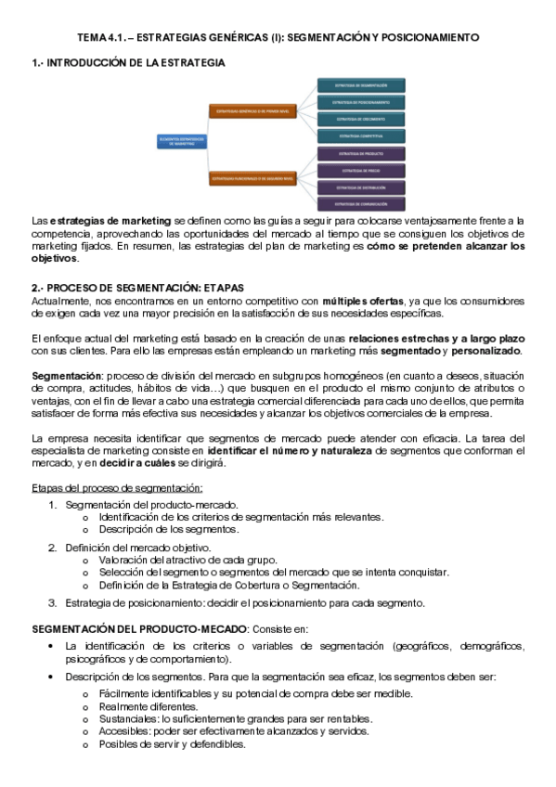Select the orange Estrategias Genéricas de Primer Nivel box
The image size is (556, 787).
[252, 110]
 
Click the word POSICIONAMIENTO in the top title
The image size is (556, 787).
[430, 38]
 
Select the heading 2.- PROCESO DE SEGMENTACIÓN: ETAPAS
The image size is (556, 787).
[137, 289]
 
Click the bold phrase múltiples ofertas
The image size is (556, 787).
[363, 302]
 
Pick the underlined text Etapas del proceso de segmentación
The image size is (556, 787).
[117, 488]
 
